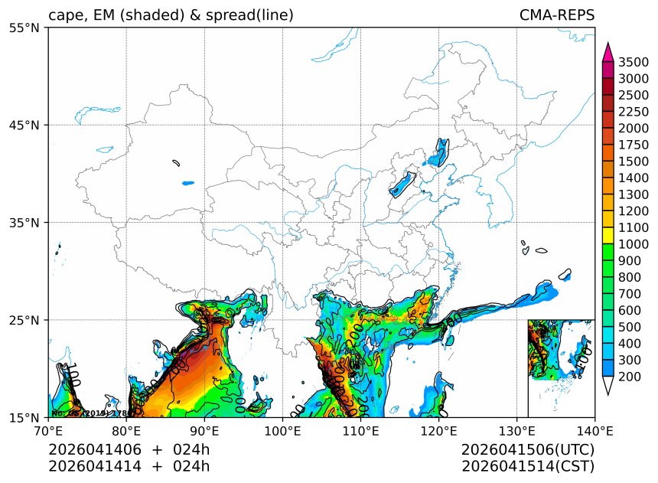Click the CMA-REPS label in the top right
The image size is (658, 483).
click(556, 15)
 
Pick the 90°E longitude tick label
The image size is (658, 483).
click(204, 431)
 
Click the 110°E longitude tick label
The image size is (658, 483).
click(360, 431)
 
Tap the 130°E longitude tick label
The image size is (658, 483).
click(516, 431)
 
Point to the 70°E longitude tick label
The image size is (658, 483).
click(48, 431)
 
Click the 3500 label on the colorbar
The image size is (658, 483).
click(634, 62)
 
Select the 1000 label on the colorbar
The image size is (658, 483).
click(634, 244)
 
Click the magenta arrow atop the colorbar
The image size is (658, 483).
click(608, 52)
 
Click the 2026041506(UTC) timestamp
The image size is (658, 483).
click(528, 449)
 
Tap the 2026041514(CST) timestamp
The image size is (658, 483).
click(528, 465)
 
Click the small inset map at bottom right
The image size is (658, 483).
click(561, 368)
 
